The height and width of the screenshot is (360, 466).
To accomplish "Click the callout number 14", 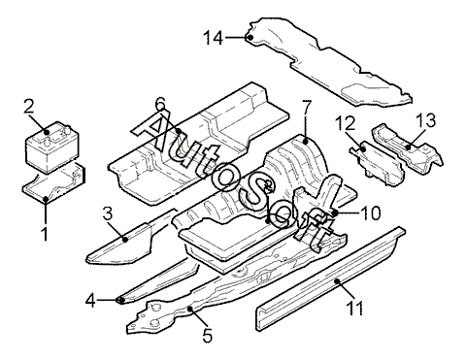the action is (x=214, y=38).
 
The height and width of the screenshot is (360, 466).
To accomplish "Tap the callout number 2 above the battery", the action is (x=28, y=106).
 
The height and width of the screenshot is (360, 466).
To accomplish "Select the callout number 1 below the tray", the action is (x=46, y=234).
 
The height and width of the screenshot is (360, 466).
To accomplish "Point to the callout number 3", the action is (x=108, y=213).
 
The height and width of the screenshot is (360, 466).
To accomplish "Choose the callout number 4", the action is (x=90, y=302).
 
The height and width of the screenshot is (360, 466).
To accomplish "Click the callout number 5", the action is (x=208, y=336).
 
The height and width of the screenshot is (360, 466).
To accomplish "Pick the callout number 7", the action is (x=307, y=107).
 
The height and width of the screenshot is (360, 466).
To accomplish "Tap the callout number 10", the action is (x=370, y=213).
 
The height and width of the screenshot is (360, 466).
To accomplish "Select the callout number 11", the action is (x=354, y=308).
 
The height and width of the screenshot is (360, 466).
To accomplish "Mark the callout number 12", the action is (x=345, y=123).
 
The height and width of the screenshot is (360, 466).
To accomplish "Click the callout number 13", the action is (x=426, y=120).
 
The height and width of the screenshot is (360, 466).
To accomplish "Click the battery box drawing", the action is (x=51, y=147).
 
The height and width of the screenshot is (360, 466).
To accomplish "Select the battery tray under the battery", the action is (x=53, y=184).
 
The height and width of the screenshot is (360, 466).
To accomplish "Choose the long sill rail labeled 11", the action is (x=330, y=278).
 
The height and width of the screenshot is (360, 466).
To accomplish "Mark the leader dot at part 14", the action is (x=250, y=38).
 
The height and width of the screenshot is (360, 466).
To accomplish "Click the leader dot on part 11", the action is (x=337, y=281).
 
